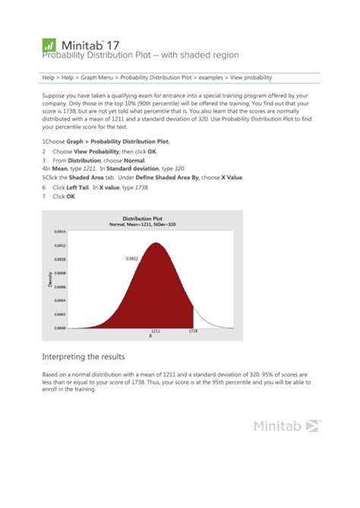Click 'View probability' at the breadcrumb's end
(x=250, y=77)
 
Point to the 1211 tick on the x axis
(x=156, y=332)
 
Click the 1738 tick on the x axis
(x=194, y=332)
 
